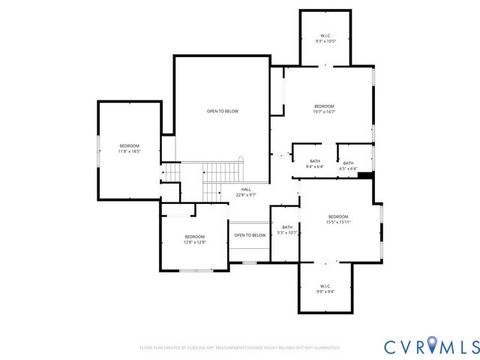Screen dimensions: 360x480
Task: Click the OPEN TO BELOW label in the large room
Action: tap(223, 111)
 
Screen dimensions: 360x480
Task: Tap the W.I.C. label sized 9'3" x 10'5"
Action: tap(325, 38)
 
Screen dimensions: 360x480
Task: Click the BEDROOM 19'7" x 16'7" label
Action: tap(324, 109)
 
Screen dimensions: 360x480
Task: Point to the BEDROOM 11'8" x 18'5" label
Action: tap(129, 148)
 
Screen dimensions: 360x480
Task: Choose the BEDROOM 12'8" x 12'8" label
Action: tap(194, 239)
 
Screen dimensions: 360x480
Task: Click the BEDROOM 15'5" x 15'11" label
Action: tap(338, 219)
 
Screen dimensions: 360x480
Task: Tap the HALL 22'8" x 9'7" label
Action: tap(246, 192)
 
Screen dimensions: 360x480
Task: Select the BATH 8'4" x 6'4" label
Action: tap(315, 164)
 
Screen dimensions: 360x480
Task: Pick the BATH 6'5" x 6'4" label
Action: tap(348, 166)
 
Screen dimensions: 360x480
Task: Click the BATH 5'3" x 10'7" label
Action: tap(287, 230)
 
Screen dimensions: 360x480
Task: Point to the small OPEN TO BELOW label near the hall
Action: tap(250, 235)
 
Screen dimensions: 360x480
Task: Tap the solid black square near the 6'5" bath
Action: tap(366, 176)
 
